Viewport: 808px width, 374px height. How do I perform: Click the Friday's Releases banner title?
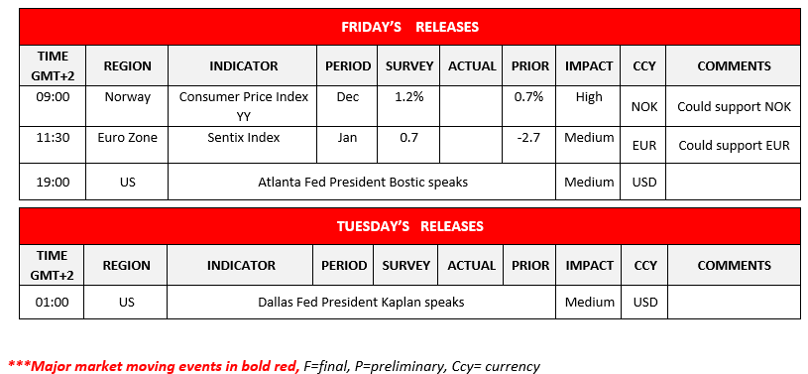click(x=409, y=27)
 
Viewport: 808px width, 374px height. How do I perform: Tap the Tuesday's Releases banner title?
click(x=410, y=226)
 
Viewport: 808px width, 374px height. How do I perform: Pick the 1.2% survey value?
click(x=408, y=97)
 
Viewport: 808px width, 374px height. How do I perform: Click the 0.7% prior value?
click(x=528, y=97)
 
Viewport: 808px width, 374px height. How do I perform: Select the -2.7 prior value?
click(x=528, y=138)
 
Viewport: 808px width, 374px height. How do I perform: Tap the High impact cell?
click(x=589, y=97)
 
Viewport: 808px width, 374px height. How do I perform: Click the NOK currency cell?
click(x=644, y=107)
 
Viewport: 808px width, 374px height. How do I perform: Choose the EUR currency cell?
click(x=644, y=146)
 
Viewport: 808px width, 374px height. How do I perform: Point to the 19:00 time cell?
click(x=53, y=183)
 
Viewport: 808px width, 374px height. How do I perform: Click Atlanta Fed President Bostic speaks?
click(x=363, y=183)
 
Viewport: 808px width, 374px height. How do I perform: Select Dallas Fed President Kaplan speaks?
click(x=361, y=303)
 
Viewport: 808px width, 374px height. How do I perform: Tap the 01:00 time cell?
click(x=52, y=303)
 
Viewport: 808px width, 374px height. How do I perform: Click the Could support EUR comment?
click(x=734, y=146)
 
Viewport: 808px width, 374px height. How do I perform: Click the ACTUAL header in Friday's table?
click(x=472, y=66)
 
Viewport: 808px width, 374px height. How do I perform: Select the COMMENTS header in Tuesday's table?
click(x=735, y=266)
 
